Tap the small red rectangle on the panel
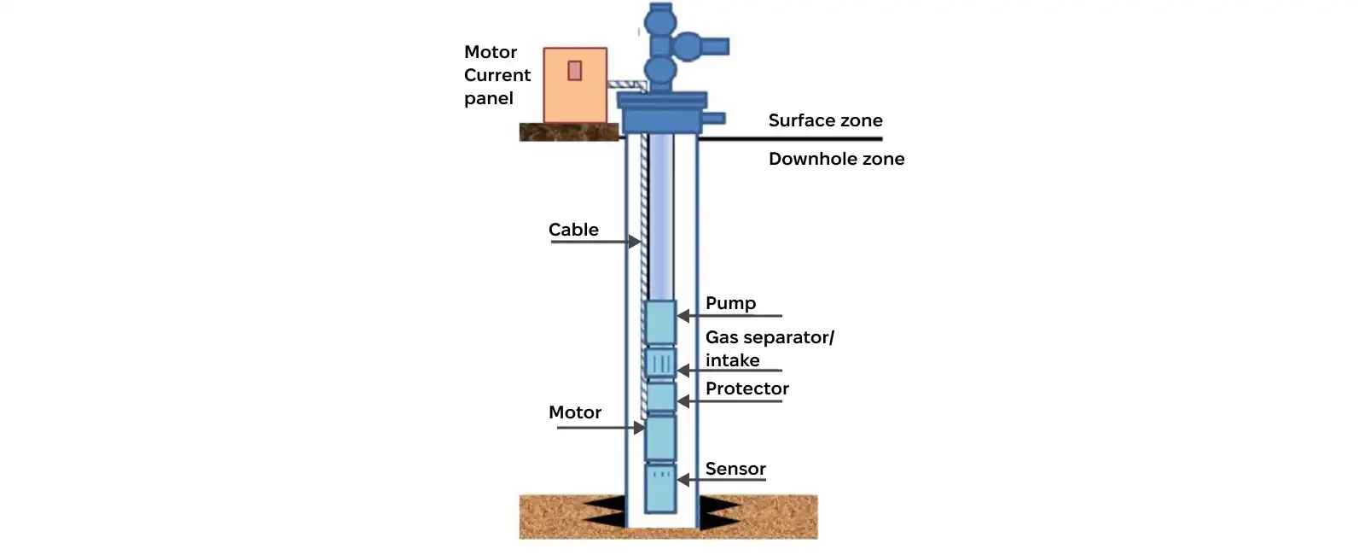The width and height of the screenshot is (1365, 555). (575, 70)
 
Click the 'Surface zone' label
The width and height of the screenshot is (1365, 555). (825, 120)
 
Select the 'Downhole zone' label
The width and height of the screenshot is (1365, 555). (836, 159)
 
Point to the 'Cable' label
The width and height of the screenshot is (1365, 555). (573, 230)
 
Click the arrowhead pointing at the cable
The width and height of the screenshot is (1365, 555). (635, 242)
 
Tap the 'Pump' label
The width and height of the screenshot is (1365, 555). (730, 303)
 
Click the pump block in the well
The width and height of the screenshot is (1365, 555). (660, 322)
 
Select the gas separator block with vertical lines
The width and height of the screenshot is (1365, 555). (660, 363)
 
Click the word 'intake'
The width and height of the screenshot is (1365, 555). (732, 360)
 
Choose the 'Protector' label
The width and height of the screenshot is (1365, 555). (746, 388)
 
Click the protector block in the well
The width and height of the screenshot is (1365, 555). (660, 397)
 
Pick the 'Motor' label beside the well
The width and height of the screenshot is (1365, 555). (575, 412)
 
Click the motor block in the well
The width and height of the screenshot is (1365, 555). (660, 437)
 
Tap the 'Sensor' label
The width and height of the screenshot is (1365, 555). (735, 469)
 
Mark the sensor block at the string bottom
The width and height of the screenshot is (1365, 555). (660, 488)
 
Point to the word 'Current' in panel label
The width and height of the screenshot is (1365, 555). (497, 75)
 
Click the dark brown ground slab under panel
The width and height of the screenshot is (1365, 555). (568, 132)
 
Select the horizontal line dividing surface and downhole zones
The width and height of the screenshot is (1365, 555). (793, 138)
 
